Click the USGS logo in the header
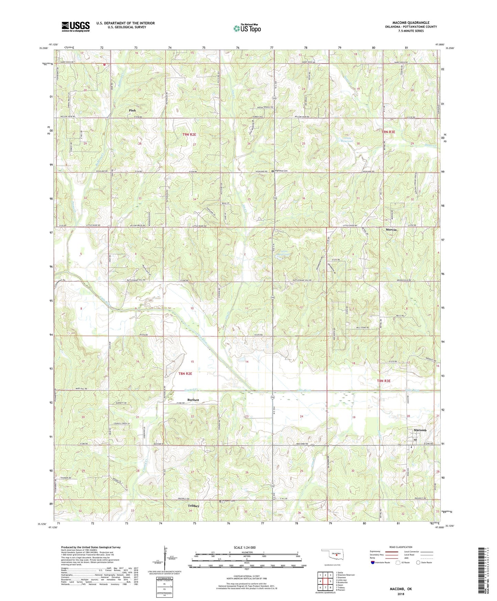75,27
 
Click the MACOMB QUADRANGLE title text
411,23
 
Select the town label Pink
132,110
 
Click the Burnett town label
193,400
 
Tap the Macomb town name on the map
420,430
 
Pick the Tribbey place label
194,506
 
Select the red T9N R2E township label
189,135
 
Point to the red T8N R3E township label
384,381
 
